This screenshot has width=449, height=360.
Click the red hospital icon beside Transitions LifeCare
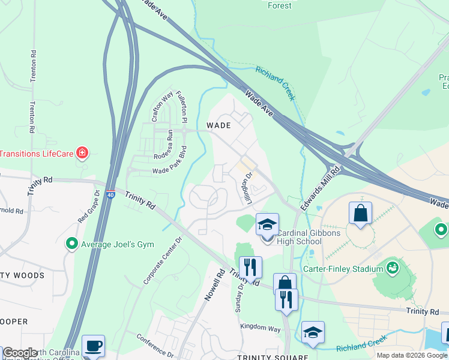click(82, 153)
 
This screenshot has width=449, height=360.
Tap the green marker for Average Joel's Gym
click(72, 244)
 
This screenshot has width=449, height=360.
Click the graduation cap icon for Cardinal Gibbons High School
click(267, 225)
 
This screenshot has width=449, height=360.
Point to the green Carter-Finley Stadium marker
click(394, 267)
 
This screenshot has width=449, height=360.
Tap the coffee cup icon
click(93, 346)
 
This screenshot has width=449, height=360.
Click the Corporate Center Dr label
click(162, 260)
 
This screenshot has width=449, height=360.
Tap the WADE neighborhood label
click(219, 125)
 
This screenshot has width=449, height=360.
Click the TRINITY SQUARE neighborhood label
click(273, 357)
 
